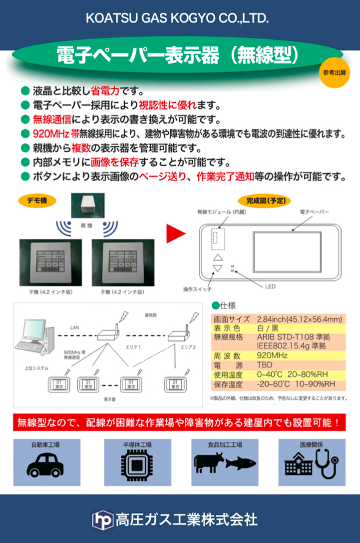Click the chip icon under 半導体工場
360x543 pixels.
click(x=136, y=465)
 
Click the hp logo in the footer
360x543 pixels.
click(x=102, y=520)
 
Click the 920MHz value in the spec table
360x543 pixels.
click(x=272, y=355)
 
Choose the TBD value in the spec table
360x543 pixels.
click(x=265, y=364)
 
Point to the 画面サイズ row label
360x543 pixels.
click(x=231, y=320)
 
